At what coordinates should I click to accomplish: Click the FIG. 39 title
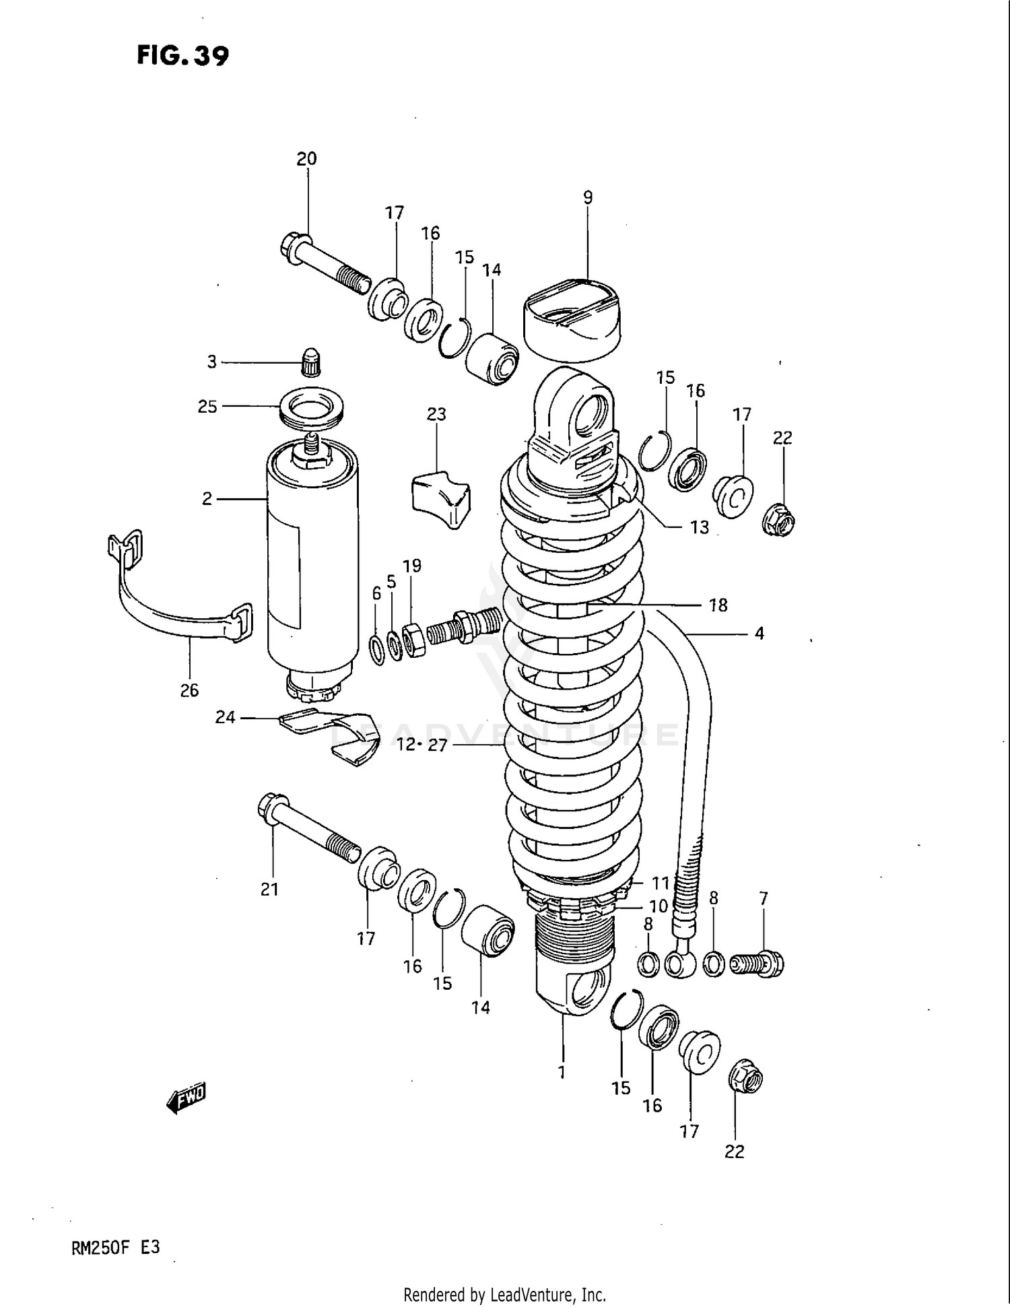coord(182,55)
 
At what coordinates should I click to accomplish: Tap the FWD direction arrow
coord(186,1099)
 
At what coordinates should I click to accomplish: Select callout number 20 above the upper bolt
coord(306,159)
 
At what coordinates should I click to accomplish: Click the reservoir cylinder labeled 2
coord(312,566)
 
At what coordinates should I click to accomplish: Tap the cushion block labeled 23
coord(440,500)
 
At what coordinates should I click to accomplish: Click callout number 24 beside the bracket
coord(225,718)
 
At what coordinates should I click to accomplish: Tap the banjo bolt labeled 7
coord(760,964)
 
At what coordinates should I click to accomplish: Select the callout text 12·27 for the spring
coord(422,745)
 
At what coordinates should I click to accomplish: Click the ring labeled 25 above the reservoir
coord(311,407)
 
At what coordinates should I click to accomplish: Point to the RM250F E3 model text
coord(115,1247)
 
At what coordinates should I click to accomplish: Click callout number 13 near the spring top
coord(700,527)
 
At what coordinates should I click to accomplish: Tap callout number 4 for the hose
coord(759,633)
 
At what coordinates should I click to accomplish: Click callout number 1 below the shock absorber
coord(562,1071)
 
